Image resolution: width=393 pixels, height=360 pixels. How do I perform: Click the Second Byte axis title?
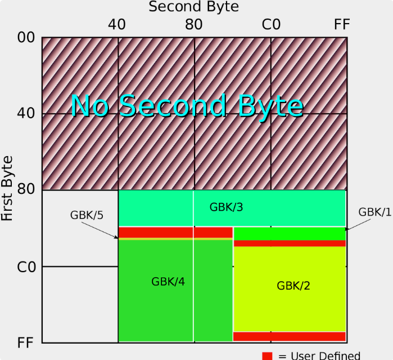pos(193,6)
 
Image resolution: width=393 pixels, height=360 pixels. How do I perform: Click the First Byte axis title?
pos(7,188)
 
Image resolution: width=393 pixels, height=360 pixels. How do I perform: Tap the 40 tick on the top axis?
pos(117,25)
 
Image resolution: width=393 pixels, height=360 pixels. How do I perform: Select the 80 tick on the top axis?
pos(194,25)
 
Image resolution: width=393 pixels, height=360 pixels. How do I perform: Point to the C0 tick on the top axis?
pos(271,25)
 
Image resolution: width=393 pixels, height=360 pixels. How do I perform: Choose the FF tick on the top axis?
pos(342,25)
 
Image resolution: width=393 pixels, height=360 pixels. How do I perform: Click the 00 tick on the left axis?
pos(26,37)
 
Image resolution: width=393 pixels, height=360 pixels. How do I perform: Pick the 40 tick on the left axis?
pos(26,113)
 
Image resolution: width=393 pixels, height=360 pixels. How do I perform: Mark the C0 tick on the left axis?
pos(26,267)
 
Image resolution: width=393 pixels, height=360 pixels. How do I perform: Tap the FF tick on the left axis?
pos(25,343)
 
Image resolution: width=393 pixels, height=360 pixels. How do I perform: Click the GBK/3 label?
pos(226,207)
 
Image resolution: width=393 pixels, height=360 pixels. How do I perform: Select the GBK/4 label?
pos(168,282)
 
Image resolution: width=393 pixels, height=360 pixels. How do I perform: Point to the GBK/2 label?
pos(293,286)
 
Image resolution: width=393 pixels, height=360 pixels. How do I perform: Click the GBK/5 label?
pos(87,215)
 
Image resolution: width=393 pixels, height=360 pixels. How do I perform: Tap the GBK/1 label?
pos(374,212)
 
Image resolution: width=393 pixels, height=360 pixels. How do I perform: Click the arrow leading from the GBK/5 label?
pos(100,230)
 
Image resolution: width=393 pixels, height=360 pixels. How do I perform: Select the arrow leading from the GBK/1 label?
pos(358,225)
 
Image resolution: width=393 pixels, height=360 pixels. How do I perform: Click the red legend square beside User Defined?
pos(267,356)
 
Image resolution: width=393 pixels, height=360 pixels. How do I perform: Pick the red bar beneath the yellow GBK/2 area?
pos(290,336)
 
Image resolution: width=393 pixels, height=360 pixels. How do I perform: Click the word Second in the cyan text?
pos(173,105)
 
